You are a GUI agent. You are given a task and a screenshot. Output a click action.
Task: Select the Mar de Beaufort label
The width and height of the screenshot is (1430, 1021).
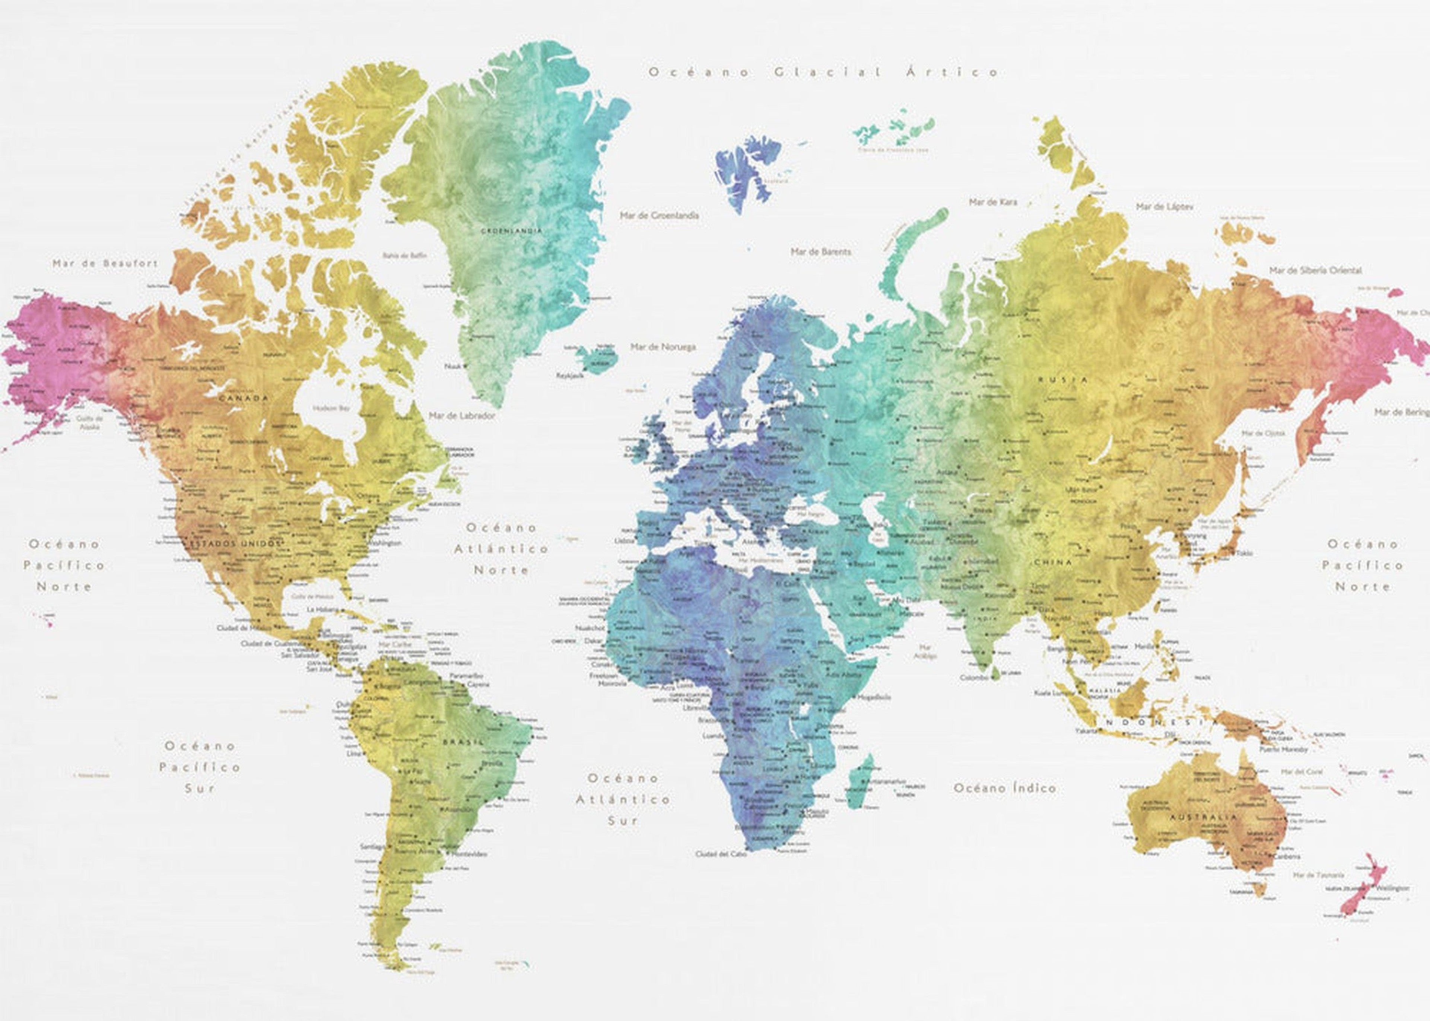105,264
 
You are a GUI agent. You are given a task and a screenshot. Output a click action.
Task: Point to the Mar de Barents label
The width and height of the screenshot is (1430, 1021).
821,251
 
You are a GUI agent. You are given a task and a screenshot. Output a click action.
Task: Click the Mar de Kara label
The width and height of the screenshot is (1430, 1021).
992,202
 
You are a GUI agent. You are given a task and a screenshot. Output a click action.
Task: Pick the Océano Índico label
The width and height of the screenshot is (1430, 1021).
1004,788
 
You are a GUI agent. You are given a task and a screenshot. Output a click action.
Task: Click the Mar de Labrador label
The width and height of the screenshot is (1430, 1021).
462,416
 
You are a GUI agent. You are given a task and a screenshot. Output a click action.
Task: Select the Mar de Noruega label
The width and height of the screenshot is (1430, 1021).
663,346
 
